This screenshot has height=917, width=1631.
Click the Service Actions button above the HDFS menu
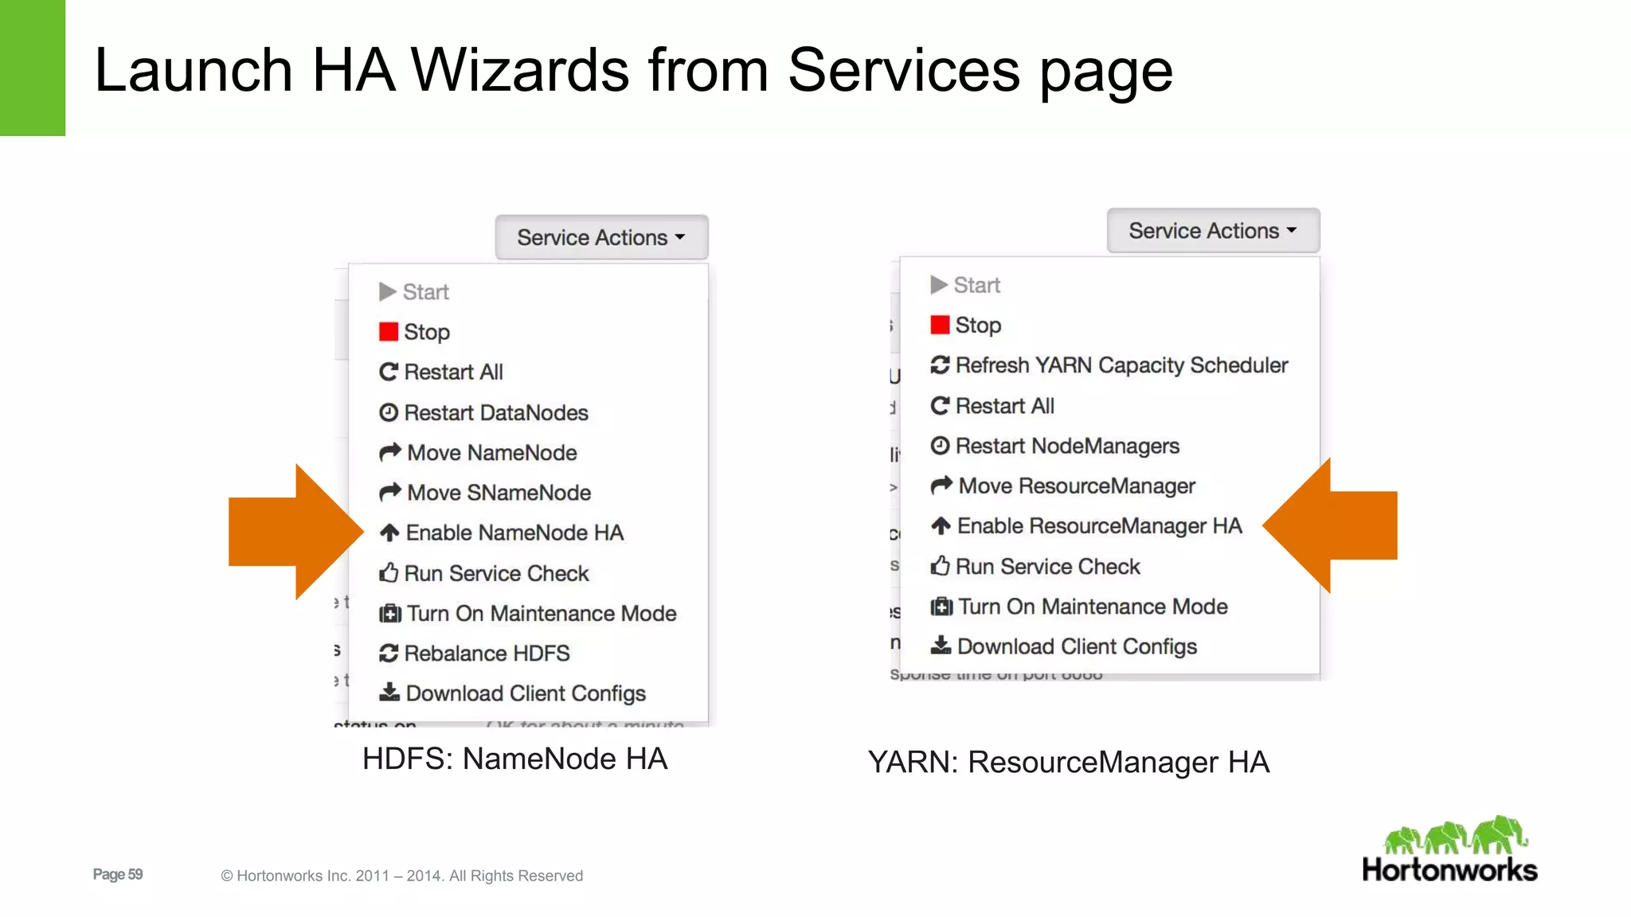point(601,237)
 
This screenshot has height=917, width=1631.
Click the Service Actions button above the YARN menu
point(1213,231)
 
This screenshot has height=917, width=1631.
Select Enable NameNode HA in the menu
point(514,533)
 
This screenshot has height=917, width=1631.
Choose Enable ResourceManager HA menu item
point(1098,526)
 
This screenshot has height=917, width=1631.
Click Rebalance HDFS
point(487,654)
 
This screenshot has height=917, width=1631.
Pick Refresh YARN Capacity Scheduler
point(1121,365)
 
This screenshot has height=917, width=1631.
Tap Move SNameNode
point(498,493)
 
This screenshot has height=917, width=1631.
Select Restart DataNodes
point(495,413)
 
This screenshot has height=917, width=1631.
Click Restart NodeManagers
point(1066,446)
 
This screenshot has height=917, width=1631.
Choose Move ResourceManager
point(1076,486)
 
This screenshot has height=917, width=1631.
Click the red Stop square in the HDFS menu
point(389,332)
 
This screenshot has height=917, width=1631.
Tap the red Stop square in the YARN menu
point(940,325)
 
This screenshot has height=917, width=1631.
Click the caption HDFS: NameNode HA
point(514,759)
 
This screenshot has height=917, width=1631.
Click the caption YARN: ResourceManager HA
point(1068,763)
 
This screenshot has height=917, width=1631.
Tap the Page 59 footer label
point(118,874)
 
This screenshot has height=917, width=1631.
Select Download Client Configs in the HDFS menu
point(525,693)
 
